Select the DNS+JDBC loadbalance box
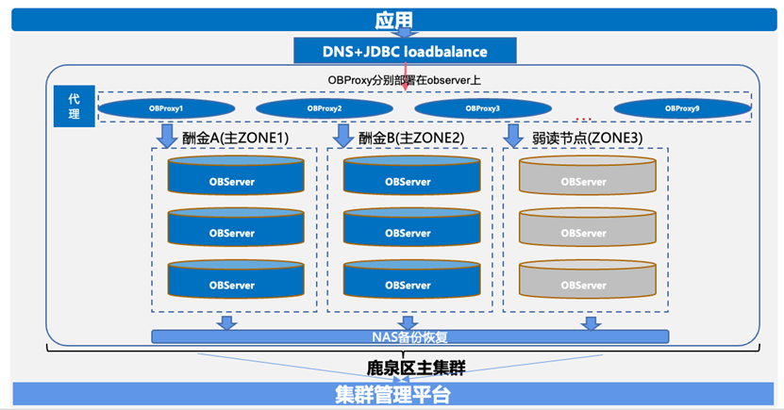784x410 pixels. click(x=405, y=51)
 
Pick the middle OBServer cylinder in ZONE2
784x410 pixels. click(x=407, y=230)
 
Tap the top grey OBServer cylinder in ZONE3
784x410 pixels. click(x=583, y=178)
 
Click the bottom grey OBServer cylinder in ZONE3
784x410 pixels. click(x=583, y=282)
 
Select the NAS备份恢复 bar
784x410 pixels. click(x=409, y=336)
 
